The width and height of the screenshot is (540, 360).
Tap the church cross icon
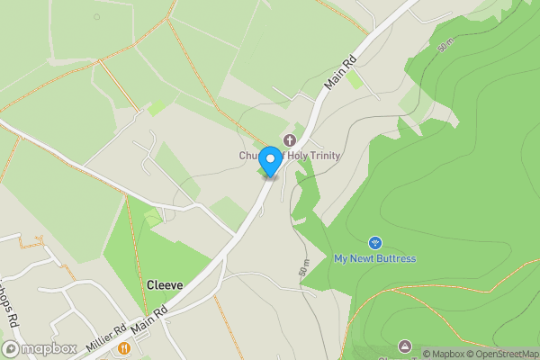tap(290, 139)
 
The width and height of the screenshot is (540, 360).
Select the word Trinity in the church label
tap(322, 156)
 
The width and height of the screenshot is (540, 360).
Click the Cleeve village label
tap(165, 285)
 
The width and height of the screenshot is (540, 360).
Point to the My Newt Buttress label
tap(375, 258)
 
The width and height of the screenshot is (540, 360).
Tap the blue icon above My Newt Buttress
tap(375, 242)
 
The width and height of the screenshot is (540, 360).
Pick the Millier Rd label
tap(106, 339)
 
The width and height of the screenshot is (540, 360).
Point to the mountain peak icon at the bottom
tap(404, 346)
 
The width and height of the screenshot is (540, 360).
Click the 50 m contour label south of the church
tap(303, 267)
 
